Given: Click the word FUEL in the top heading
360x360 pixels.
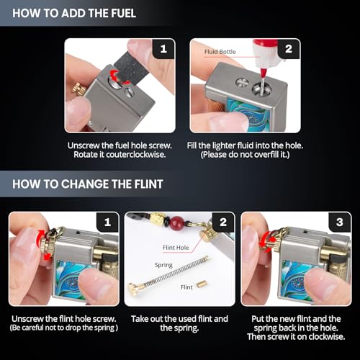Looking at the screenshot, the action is point(123,13).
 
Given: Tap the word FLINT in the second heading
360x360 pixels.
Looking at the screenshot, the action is point(149,184).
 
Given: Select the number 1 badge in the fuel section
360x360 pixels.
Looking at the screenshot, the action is point(163,49).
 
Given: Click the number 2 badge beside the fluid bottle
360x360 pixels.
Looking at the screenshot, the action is point(289,49).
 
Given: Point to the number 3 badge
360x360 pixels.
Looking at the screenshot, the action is point(340,222).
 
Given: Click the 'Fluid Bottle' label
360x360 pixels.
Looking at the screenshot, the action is point(220,52).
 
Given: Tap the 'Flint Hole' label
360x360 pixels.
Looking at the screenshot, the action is point(176,248).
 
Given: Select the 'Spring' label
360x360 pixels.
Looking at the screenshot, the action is point(163,265).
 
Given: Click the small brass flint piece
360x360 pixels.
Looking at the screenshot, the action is point(202,284).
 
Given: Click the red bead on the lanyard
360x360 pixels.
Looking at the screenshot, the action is point(177,222).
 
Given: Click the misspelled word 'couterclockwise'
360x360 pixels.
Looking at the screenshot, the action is point(136,155).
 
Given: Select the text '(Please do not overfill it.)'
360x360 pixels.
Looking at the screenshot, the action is point(245,155).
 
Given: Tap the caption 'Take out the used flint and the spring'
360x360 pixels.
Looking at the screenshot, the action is point(179,323).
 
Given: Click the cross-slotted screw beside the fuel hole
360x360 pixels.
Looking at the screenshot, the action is point(240,82).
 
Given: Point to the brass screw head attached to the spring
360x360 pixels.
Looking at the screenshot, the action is point(132,287).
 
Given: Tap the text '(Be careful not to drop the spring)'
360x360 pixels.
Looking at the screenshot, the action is point(64,328).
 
